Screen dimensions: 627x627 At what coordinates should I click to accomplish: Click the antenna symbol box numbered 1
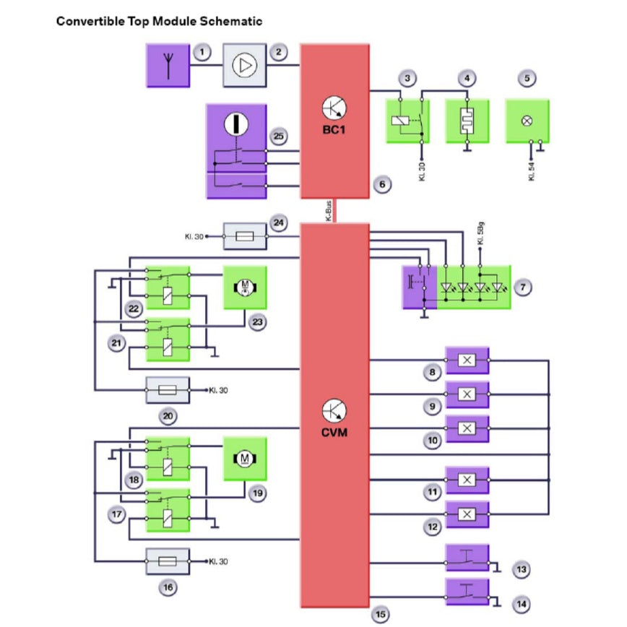click(168, 66)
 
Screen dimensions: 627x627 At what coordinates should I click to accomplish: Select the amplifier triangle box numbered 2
click(244, 66)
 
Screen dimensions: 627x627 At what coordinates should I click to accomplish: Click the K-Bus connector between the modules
click(334, 210)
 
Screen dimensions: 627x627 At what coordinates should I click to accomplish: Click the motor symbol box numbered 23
click(244, 287)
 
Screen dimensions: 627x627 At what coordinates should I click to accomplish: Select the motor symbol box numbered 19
click(244, 458)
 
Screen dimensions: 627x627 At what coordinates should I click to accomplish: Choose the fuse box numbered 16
click(168, 561)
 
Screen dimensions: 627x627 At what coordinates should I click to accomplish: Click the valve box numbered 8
click(467, 359)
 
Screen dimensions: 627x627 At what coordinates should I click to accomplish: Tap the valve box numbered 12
click(467, 514)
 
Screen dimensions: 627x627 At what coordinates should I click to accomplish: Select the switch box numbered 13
click(467, 557)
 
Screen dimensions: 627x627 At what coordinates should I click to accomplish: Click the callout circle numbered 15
click(380, 615)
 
